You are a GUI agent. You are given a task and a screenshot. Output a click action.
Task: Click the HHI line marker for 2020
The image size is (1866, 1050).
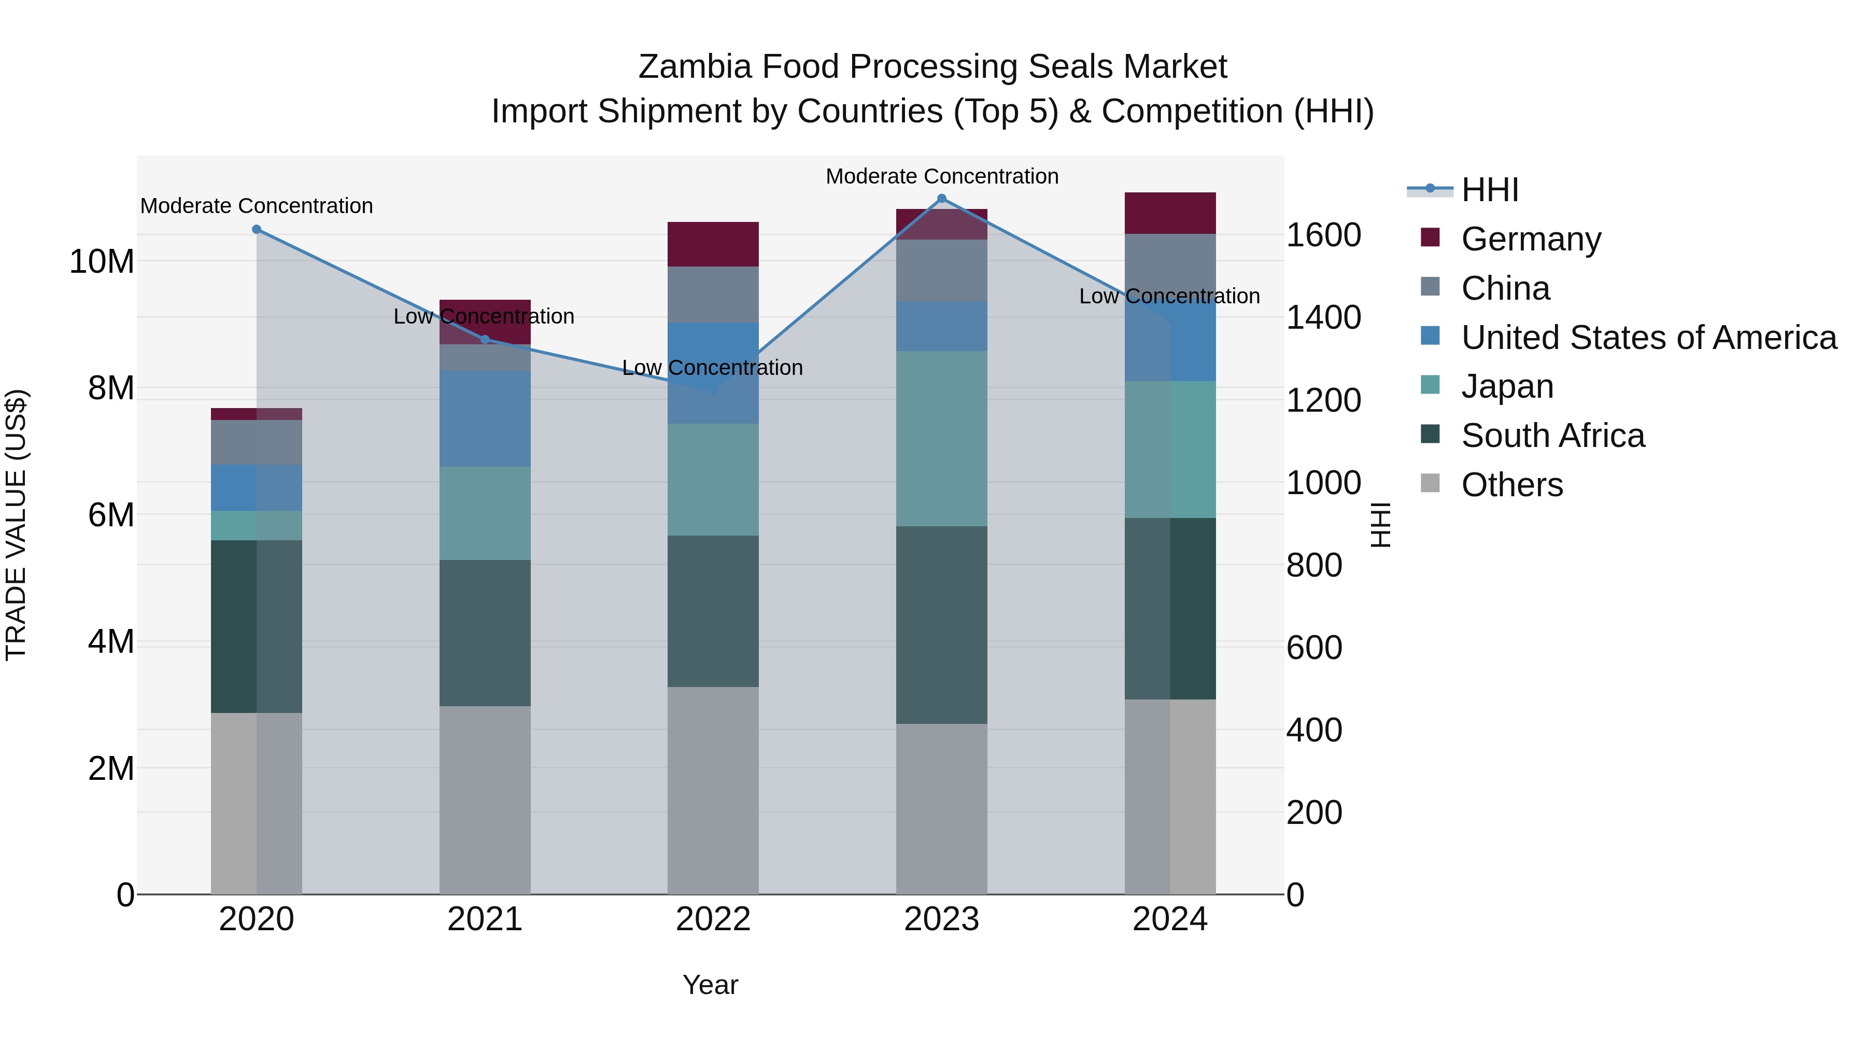257,229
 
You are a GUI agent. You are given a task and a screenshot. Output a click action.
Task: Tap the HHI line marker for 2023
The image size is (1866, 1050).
942,199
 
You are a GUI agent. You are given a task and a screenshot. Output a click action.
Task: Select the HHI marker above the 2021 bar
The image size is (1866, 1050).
485,339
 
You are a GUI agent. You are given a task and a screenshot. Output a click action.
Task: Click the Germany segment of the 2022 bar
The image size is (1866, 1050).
713,244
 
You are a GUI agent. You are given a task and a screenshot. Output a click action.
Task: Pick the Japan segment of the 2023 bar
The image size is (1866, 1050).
942,438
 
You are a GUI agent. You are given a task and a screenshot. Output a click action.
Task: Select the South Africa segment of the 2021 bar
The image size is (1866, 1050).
485,633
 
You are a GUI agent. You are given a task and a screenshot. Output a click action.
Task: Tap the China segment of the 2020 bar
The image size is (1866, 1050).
257,442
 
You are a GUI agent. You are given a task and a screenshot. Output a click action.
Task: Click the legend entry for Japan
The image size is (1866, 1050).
1507,386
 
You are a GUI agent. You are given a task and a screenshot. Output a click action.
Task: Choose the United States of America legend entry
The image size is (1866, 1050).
1648,338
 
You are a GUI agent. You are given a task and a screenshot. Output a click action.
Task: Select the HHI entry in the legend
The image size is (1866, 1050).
1489,190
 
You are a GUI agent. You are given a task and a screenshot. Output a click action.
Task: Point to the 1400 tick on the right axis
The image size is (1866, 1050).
1323,317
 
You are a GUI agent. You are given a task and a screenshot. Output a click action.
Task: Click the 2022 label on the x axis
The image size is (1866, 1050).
713,919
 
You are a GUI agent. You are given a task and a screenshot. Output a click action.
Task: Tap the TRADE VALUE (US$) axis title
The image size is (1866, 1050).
16,525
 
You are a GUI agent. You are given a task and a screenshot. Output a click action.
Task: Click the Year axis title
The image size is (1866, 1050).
710,985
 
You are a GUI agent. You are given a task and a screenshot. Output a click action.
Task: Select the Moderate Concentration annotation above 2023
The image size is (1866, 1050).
942,176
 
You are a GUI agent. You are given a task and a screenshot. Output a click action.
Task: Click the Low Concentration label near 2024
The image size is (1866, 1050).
1169,297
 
